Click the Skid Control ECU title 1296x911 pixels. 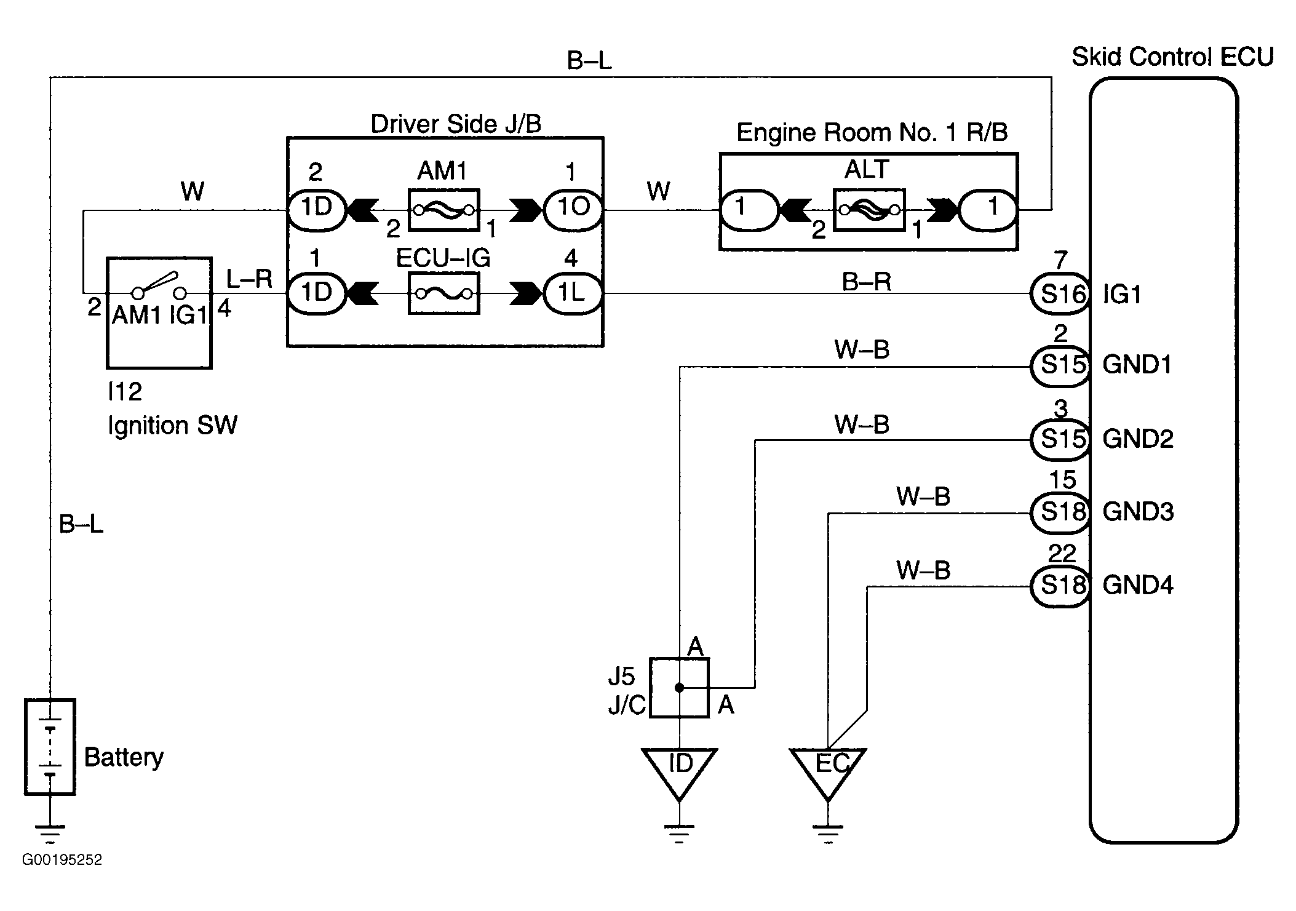[x=1172, y=57]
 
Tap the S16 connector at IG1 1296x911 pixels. [x=1060, y=293]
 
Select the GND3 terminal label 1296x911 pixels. [x=1138, y=512]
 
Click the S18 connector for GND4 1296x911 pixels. [x=1060, y=586]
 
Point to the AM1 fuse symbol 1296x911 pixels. [x=443, y=210]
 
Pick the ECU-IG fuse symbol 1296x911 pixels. [x=443, y=293]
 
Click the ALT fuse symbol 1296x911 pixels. [x=869, y=210]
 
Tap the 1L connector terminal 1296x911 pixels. [x=573, y=293]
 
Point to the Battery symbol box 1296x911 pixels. [x=50, y=747]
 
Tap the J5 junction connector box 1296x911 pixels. [x=679, y=688]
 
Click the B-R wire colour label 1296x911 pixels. [x=866, y=282]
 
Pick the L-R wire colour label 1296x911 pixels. [x=249, y=279]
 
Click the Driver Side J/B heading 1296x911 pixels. [x=456, y=124]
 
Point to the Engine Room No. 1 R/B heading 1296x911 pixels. [x=872, y=133]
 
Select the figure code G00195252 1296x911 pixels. [x=62, y=859]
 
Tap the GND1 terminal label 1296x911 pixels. [x=1137, y=365]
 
